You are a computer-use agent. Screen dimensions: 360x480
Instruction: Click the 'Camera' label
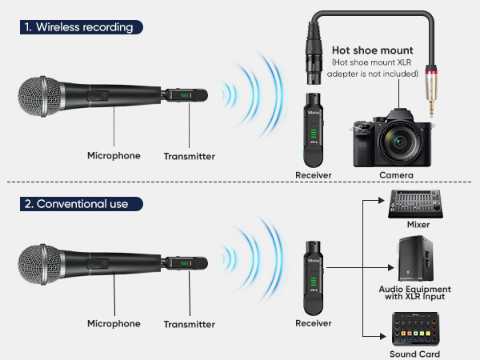coord(396,174)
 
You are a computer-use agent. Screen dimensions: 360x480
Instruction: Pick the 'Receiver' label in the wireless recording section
coord(313,174)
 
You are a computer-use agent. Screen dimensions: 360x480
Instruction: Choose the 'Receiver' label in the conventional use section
coord(313,323)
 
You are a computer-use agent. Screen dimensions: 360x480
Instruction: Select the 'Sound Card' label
coord(414,354)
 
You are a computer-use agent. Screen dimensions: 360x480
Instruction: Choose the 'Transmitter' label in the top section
coord(190,157)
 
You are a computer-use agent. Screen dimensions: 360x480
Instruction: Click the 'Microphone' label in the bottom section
coord(114,324)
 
